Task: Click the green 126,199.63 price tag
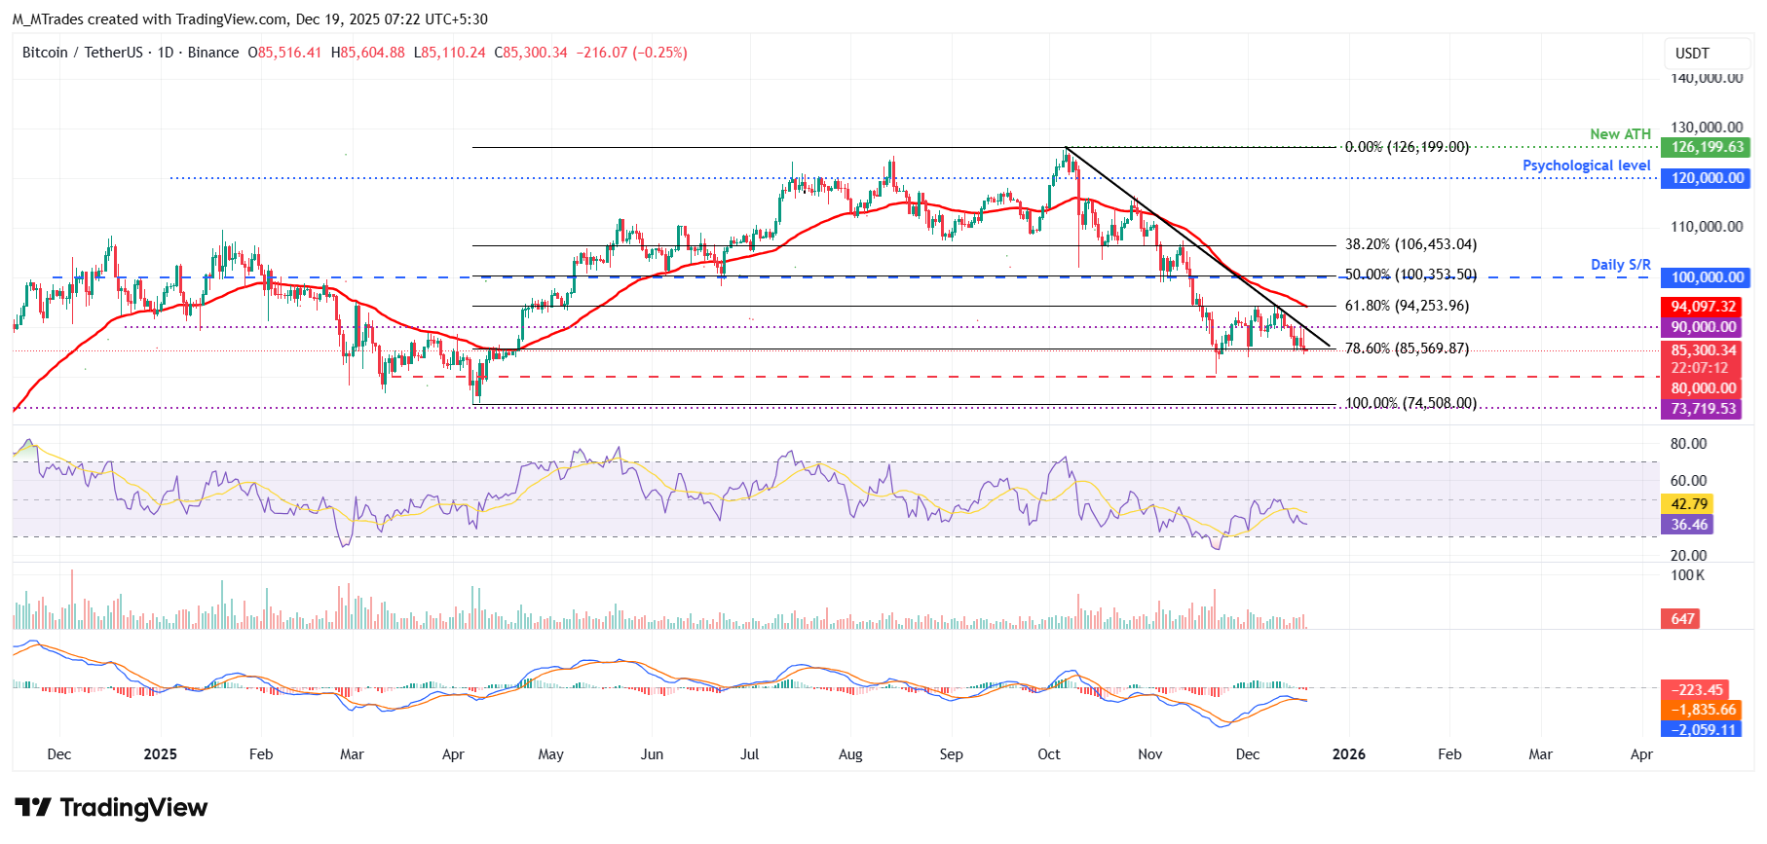click(1707, 147)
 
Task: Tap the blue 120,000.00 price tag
click(1707, 178)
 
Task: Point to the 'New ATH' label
click(1620, 134)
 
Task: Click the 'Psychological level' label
click(1586, 165)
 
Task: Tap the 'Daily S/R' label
click(1620, 265)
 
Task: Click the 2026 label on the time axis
click(1348, 754)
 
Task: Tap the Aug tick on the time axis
click(850, 754)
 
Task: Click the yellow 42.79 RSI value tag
click(1689, 504)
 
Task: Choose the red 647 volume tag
click(1682, 619)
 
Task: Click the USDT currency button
click(1692, 54)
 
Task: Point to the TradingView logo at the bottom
click(111, 808)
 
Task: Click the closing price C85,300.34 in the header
click(531, 53)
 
